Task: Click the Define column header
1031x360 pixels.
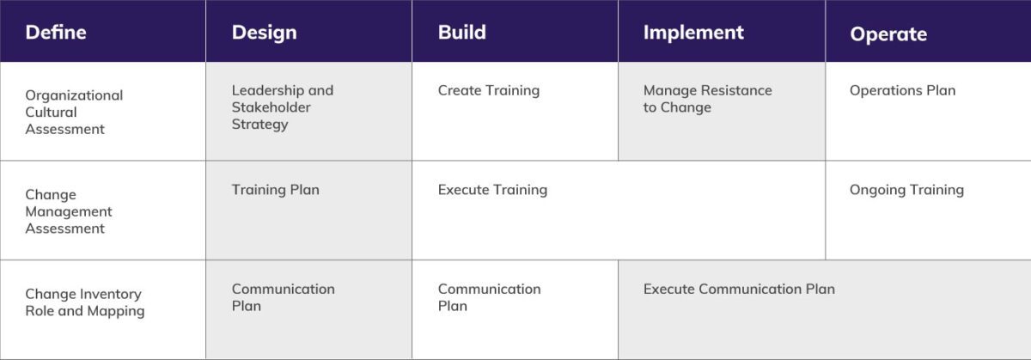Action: (56, 33)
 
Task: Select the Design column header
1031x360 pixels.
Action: (264, 33)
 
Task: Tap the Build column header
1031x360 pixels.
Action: (461, 33)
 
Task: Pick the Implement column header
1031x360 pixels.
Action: (693, 33)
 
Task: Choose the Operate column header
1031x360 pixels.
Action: (888, 34)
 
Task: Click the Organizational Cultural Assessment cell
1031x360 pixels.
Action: (74, 113)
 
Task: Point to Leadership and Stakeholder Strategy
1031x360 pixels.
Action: (282, 107)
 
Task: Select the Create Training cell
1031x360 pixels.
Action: (488, 90)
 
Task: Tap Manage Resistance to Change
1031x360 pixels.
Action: (707, 99)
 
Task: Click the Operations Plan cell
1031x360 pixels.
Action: (902, 90)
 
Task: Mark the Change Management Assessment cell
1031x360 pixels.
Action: (69, 211)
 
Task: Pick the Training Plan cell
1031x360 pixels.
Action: (275, 190)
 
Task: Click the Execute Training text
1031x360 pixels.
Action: (492, 190)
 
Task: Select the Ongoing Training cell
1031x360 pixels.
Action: (906, 190)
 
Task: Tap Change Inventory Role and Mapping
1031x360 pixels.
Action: (84, 302)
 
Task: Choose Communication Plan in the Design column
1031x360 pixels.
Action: (283, 297)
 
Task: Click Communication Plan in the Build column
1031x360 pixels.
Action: (489, 297)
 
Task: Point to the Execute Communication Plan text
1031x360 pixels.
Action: (739, 289)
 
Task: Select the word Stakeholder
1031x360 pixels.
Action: (271, 107)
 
